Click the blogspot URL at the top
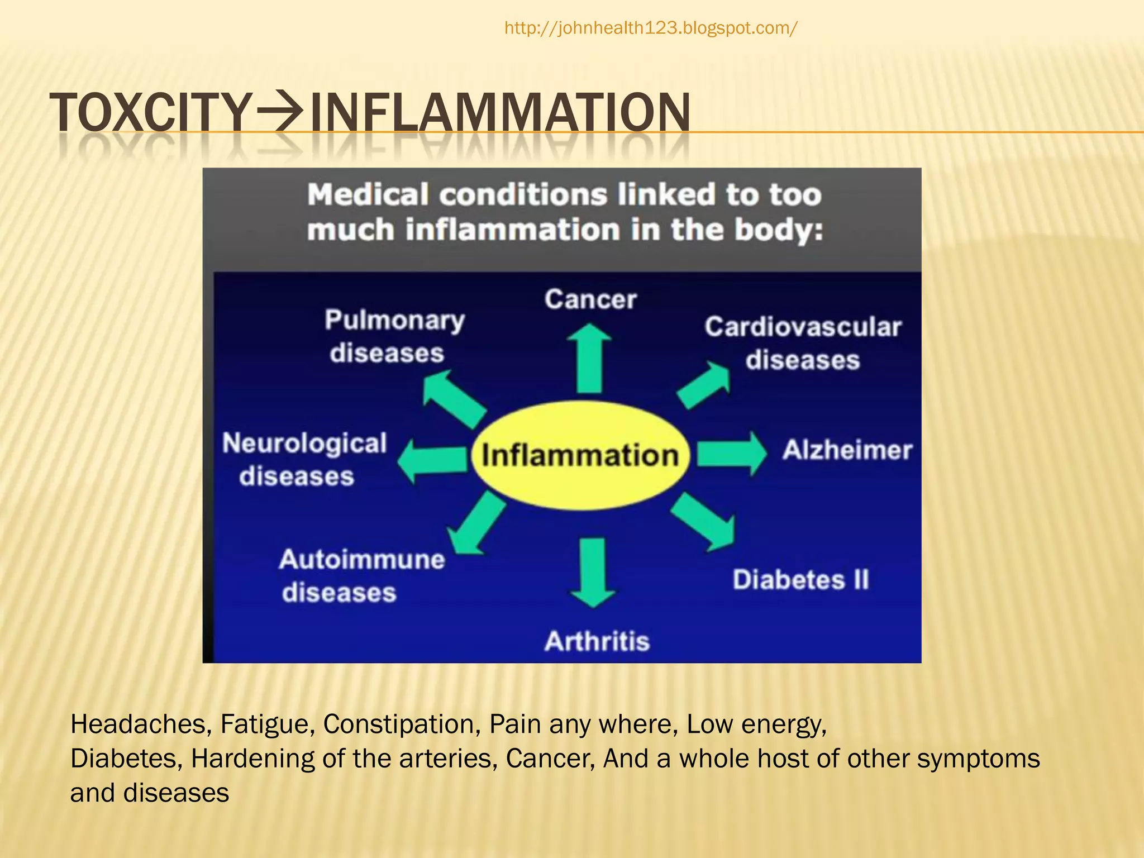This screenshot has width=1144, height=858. click(651, 28)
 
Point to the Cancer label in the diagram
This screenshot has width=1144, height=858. click(590, 299)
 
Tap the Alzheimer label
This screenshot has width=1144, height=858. click(847, 450)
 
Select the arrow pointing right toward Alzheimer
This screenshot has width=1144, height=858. click(732, 453)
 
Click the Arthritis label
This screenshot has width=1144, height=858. click(597, 641)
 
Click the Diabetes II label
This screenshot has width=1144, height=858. click(800, 579)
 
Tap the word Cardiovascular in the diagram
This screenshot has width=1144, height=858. click(803, 327)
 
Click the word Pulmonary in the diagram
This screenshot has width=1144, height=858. click(394, 321)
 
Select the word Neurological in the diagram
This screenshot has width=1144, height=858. click(304, 444)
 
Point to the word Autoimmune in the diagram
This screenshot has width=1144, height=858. click(362, 559)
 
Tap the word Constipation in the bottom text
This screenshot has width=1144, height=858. click(402, 724)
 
